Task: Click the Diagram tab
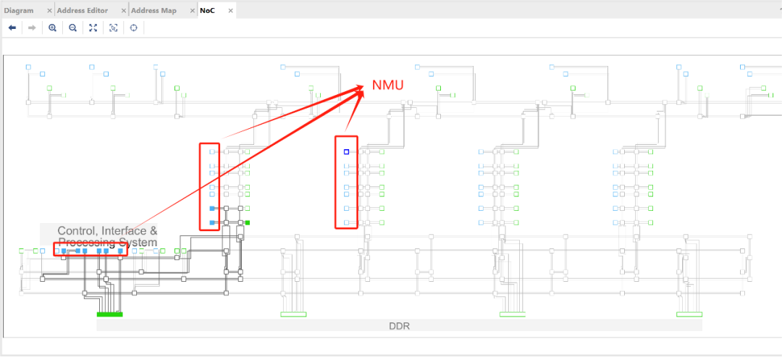(x=18, y=10)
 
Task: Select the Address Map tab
(x=154, y=10)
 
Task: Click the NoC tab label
(x=207, y=10)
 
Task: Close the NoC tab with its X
(x=230, y=11)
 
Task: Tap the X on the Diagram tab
(x=49, y=11)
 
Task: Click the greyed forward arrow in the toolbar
(x=32, y=28)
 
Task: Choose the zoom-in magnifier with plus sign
(x=52, y=28)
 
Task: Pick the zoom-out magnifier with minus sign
(x=73, y=28)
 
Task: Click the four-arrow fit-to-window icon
(x=93, y=28)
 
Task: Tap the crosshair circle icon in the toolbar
(x=134, y=28)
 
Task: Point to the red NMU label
(x=387, y=85)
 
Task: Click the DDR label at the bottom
(x=399, y=326)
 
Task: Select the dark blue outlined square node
(x=346, y=151)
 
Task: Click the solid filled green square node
(x=248, y=223)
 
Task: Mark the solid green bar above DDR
(x=110, y=314)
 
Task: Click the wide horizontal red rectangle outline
(x=91, y=249)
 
